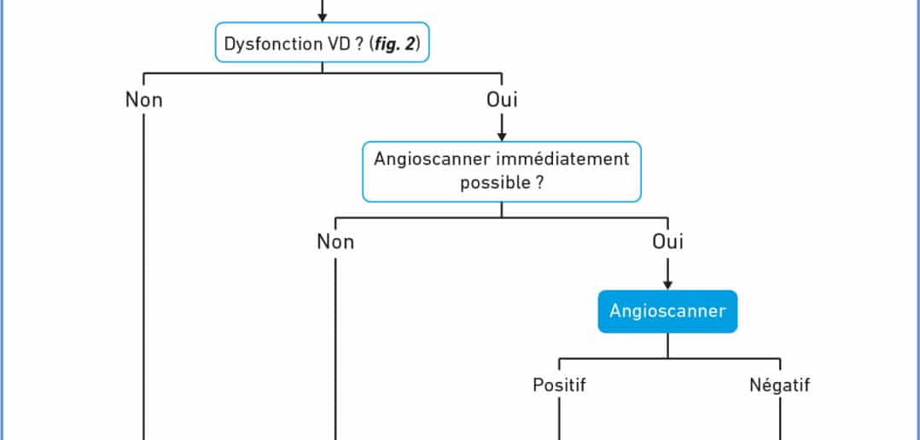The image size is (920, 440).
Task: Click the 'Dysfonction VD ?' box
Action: [322, 42]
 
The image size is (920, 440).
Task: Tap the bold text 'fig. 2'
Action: [395, 44]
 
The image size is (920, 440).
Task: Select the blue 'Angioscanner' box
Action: [667, 311]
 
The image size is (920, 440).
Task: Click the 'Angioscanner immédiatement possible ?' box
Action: [502, 171]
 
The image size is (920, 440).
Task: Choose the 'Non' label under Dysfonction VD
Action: [143, 100]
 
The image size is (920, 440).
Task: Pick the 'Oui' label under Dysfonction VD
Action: [502, 100]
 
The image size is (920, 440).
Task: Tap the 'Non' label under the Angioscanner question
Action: [335, 241]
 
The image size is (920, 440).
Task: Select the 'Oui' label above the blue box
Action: [667, 241]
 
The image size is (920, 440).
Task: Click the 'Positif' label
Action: [559, 385]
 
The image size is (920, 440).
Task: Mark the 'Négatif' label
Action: [780, 385]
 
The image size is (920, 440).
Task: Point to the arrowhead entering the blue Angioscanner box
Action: [667, 286]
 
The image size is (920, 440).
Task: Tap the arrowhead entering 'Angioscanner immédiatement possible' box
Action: [502, 136]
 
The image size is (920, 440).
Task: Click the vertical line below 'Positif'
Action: [559, 419]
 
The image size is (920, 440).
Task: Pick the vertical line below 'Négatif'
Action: [780, 419]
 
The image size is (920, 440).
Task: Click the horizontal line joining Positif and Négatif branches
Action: [669, 358]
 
